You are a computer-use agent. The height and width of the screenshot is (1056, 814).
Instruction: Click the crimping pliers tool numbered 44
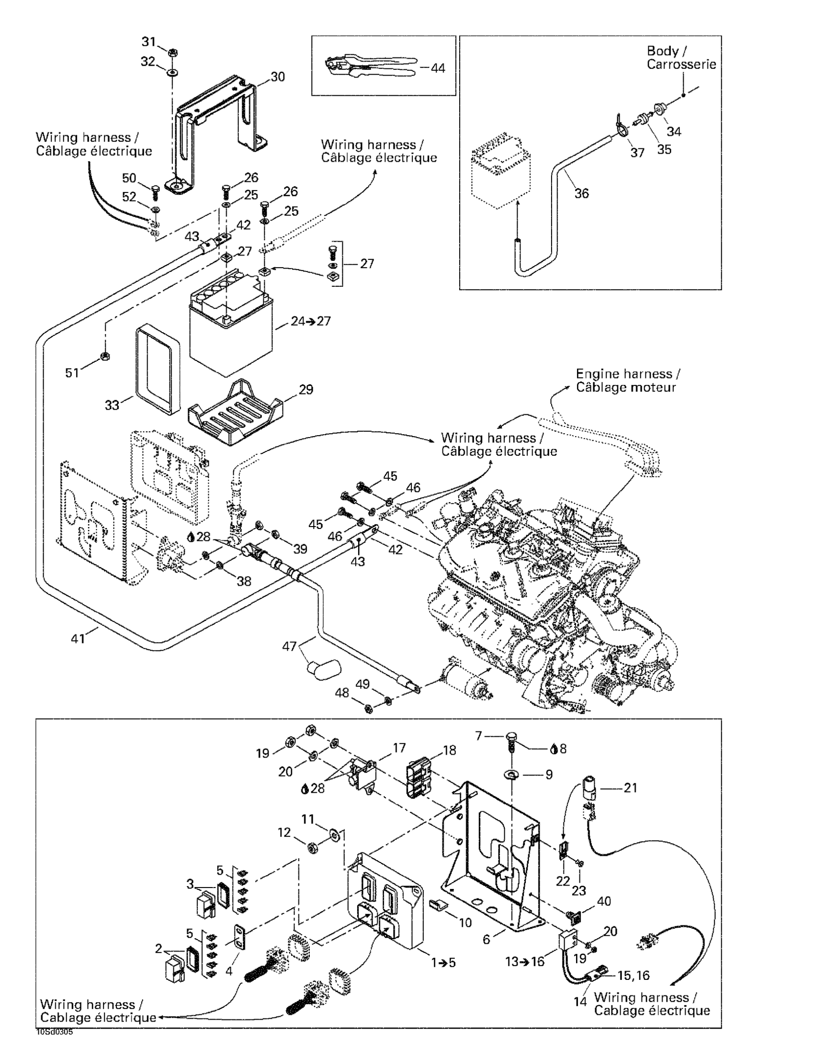point(370,67)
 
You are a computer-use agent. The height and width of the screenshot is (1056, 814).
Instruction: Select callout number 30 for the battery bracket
point(278,77)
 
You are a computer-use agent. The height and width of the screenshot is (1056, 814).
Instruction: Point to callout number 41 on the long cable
point(78,639)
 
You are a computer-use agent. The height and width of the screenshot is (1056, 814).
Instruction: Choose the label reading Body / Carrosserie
point(681,57)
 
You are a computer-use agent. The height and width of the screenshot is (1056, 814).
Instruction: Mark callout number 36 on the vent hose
point(581,193)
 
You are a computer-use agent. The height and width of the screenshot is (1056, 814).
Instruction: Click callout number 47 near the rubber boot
point(289,646)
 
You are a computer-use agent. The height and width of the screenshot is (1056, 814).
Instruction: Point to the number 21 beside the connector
point(630,787)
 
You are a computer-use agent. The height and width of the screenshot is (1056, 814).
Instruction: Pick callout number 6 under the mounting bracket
point(486,939)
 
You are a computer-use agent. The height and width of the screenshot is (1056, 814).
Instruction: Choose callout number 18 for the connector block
point(449,750)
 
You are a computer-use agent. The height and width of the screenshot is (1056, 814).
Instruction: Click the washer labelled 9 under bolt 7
point(512,775)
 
